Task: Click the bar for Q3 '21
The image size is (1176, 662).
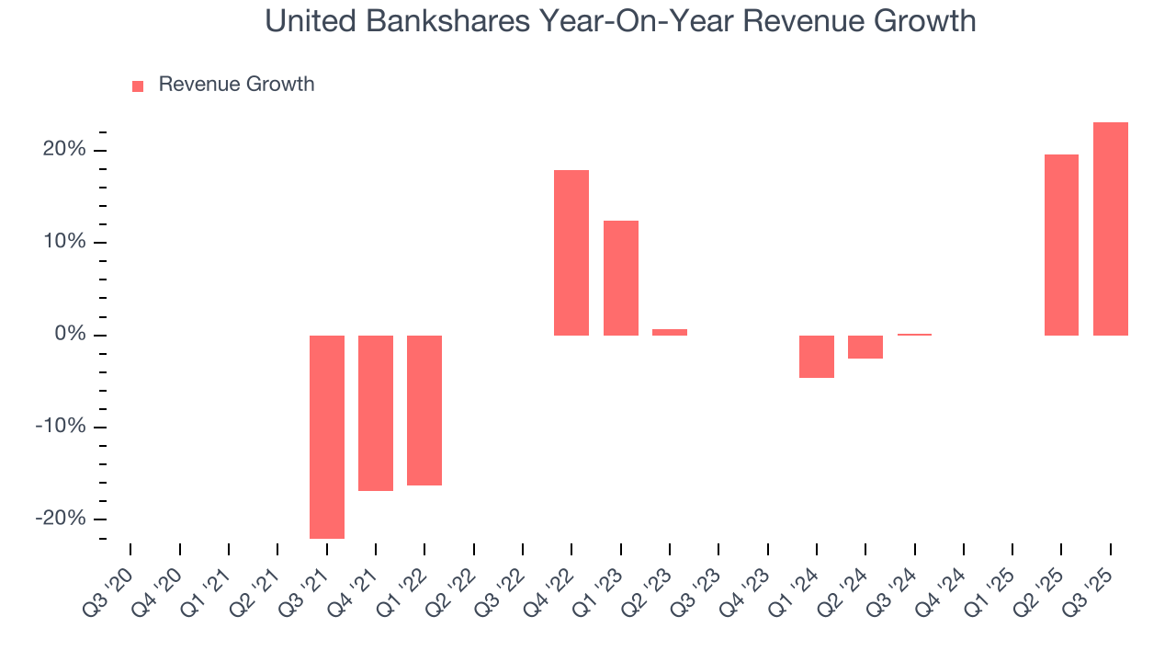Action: click(x=326, y=437)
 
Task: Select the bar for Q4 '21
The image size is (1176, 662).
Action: click(x=376, y=413)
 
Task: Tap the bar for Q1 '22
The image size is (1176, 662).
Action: click(x=424, y=410)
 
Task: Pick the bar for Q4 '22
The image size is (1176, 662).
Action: click(x=571, y=253)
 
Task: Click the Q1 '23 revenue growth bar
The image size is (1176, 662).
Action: click(x=620, y=278)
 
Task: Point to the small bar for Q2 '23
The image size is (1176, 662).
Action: click(x=670, y=332)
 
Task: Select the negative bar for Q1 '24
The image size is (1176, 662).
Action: click(x=817, y=357)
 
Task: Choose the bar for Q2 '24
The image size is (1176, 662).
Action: click(x=865, y=347)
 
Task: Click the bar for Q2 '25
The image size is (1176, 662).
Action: click(x=1061, y=245)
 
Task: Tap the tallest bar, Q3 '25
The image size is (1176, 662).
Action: click(x=1111, y=229)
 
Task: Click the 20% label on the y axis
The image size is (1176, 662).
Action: click(x=63, y=150)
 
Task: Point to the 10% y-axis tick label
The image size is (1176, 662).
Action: click(x=63, y=242)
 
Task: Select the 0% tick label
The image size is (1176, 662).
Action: click(x=69, y=335)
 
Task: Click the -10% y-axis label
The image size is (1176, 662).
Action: click(x=61, y=427)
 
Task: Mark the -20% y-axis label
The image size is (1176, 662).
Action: click(x=61, y=519)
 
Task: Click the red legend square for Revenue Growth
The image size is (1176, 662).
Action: click(x=138, y=86)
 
